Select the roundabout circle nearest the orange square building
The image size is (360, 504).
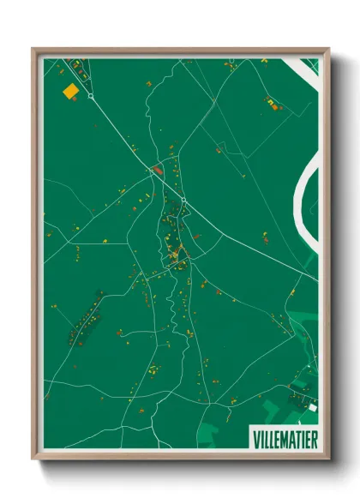[x=91, y=97]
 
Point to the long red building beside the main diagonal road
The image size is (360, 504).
[x=157, y=170]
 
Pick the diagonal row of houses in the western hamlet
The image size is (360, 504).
[x=84, y=315]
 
